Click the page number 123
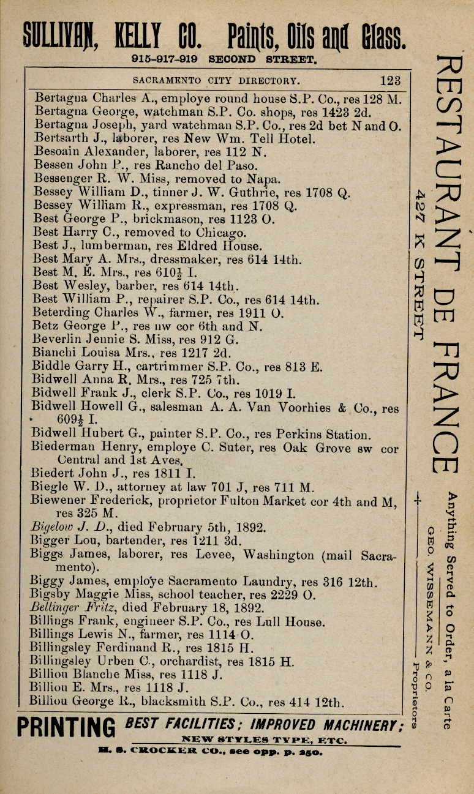coord(390,80)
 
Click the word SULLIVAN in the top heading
coord(59,36)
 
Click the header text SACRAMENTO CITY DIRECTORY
coord(217,80)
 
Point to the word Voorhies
coord(305,407)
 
